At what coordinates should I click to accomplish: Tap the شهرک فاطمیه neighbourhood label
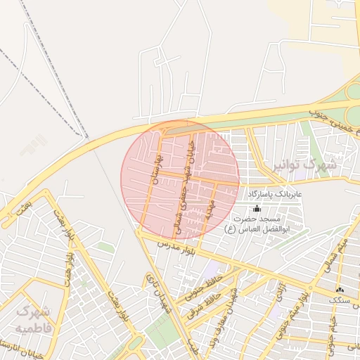pos(34,319)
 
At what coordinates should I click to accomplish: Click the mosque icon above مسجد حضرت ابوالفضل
pos(257,209)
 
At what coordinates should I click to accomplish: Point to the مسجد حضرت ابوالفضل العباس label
pos(259,224)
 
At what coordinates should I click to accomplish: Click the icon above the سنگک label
pos(341,290)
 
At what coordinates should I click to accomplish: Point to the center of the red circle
pos(180,179)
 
